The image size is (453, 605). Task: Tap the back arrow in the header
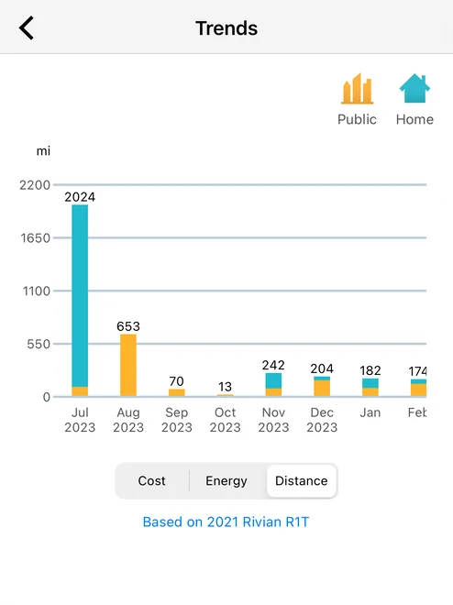coord(27,27)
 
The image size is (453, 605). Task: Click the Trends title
coord(226,28)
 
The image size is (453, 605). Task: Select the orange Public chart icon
coord(357,89)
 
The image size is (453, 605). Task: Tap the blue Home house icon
coord(414,88)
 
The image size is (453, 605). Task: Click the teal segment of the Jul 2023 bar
coord(80,295)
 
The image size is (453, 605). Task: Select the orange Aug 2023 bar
coord(128,365)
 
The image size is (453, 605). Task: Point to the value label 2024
coord(80,197)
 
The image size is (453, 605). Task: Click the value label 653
coord(128,326)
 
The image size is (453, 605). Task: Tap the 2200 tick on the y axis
coord(35,185)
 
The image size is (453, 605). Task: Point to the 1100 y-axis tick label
coord(37,291)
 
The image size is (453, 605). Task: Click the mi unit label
coord(43,151)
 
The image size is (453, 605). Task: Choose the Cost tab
coord(151,480)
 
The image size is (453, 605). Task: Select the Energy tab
coord(226,480)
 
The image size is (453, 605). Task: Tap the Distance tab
coord(302,480)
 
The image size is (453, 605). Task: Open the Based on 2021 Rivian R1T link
coord(226,522)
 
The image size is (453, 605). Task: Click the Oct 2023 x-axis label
coord(225,420)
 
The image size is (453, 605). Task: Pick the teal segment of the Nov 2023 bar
coord(273,380)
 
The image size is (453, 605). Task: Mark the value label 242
coord(273,365)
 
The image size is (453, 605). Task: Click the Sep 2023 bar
coord(177,392)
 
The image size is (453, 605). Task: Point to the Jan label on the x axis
coord(370,412)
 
